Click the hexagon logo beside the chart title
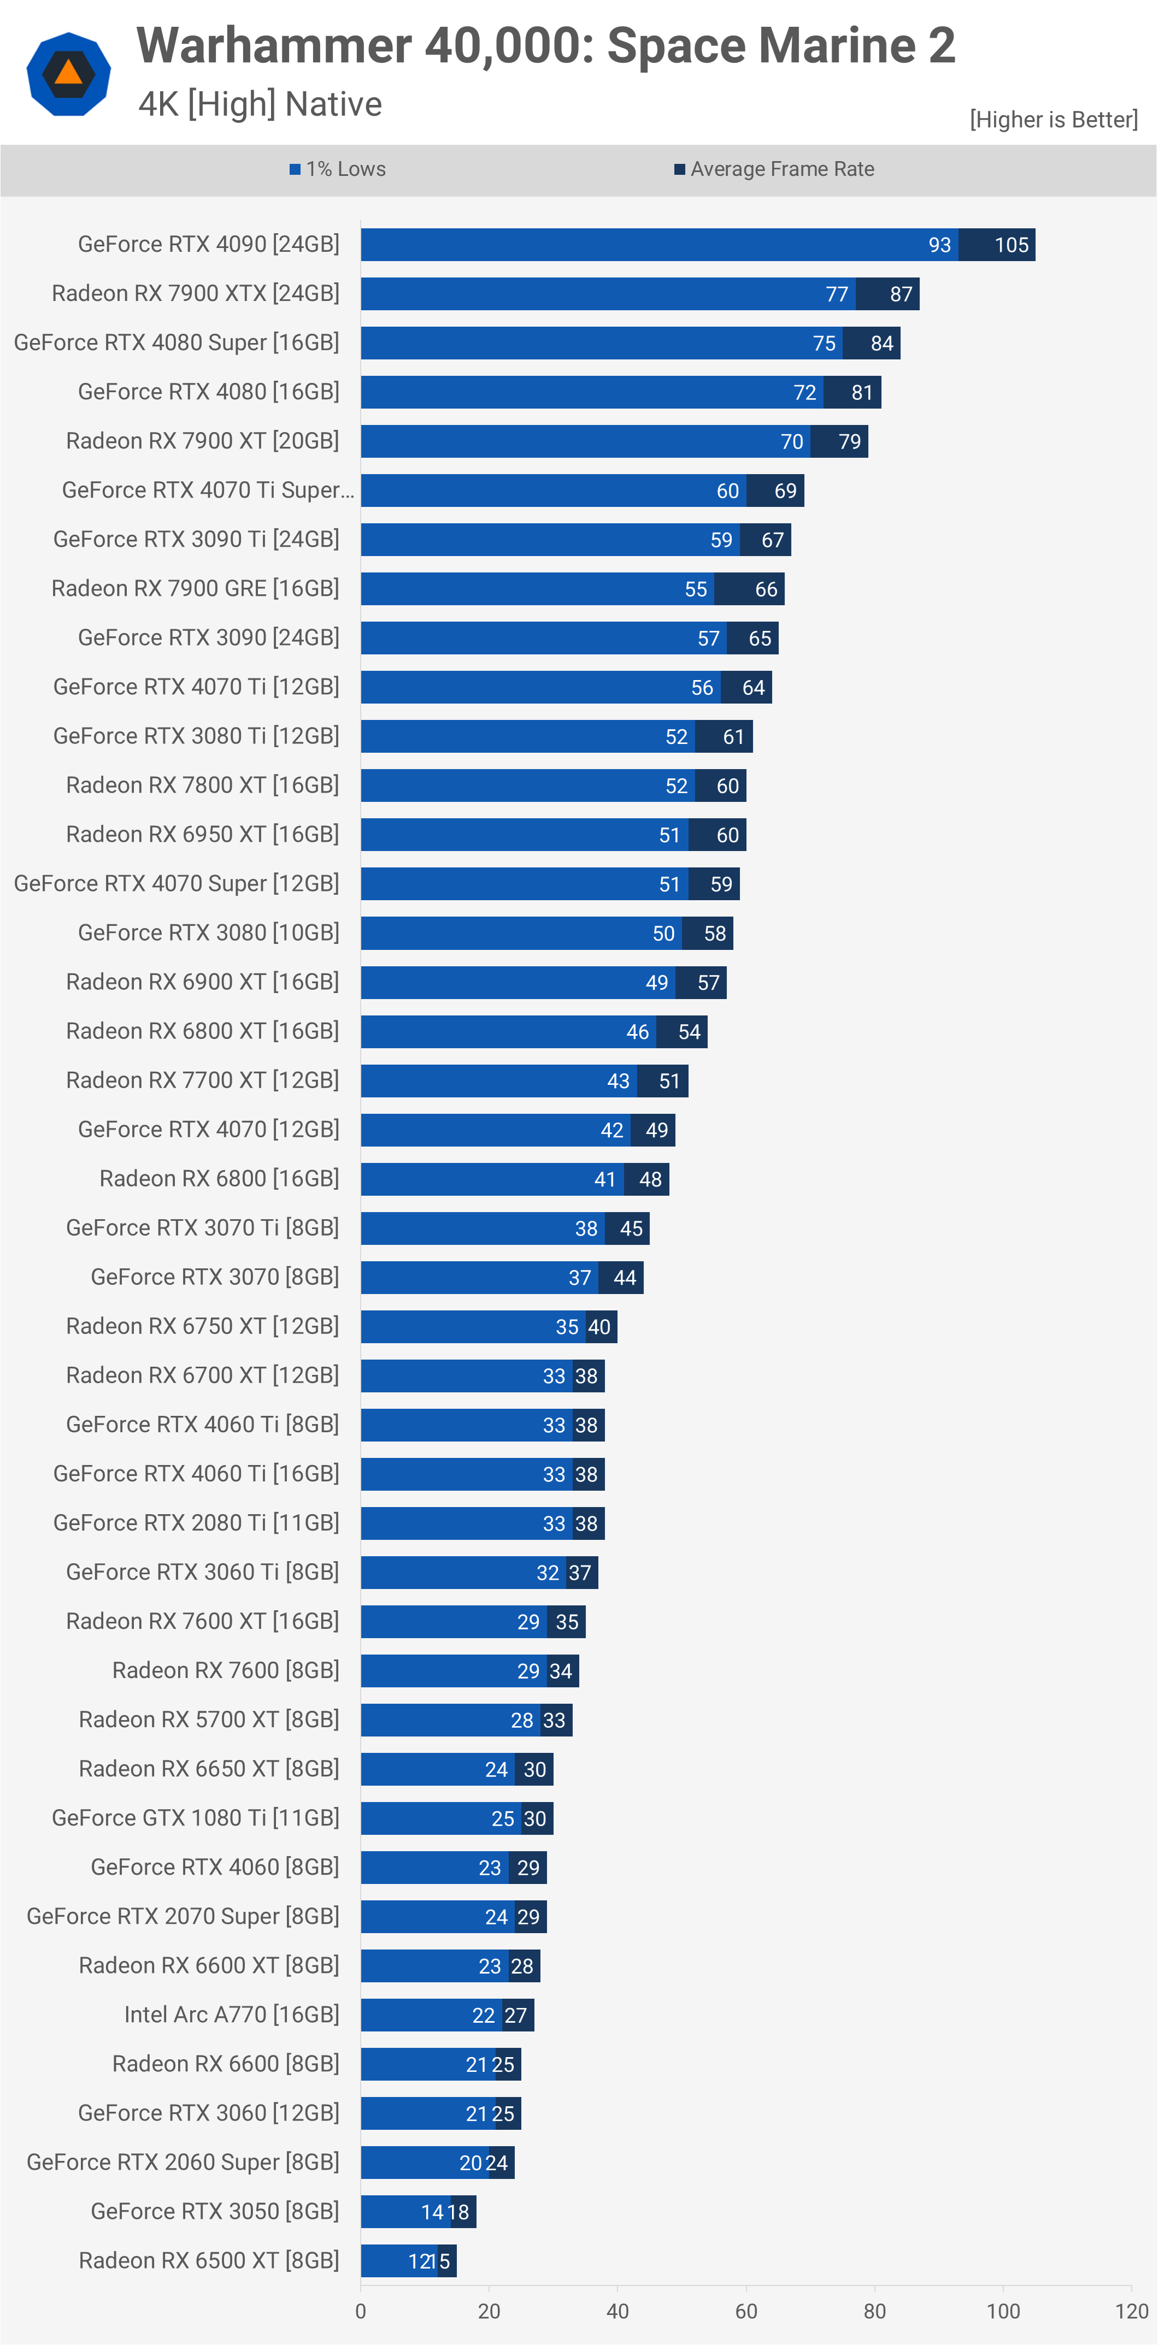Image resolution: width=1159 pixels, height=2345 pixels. click(x=68, y=74)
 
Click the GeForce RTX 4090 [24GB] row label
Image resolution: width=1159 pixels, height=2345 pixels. click(x=209, y=244)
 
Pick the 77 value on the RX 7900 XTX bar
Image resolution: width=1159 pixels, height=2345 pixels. click(x=837, y=294)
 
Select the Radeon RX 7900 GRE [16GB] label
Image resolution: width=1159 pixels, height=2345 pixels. click(x=195, y=588)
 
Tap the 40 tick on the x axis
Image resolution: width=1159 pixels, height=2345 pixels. click(x=617, y=2311)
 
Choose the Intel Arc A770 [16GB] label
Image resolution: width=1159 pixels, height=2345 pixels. click(x=231, y=2015)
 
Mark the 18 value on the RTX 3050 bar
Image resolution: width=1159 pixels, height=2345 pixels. click(x=458, y=2212)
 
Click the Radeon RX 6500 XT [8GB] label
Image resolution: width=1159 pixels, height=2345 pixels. click(x=209, y=2260)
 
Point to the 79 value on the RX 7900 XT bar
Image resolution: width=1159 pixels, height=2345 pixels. click(x=850, y=441)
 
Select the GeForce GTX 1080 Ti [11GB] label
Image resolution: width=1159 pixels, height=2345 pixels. click(x=195, y=1818)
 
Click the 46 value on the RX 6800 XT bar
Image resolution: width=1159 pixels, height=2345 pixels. click(x=637, y=1031)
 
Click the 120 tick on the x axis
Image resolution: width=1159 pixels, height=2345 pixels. click(x=1132, y=2311)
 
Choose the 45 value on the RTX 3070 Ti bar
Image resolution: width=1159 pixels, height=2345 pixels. click(x=631, y=1228)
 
